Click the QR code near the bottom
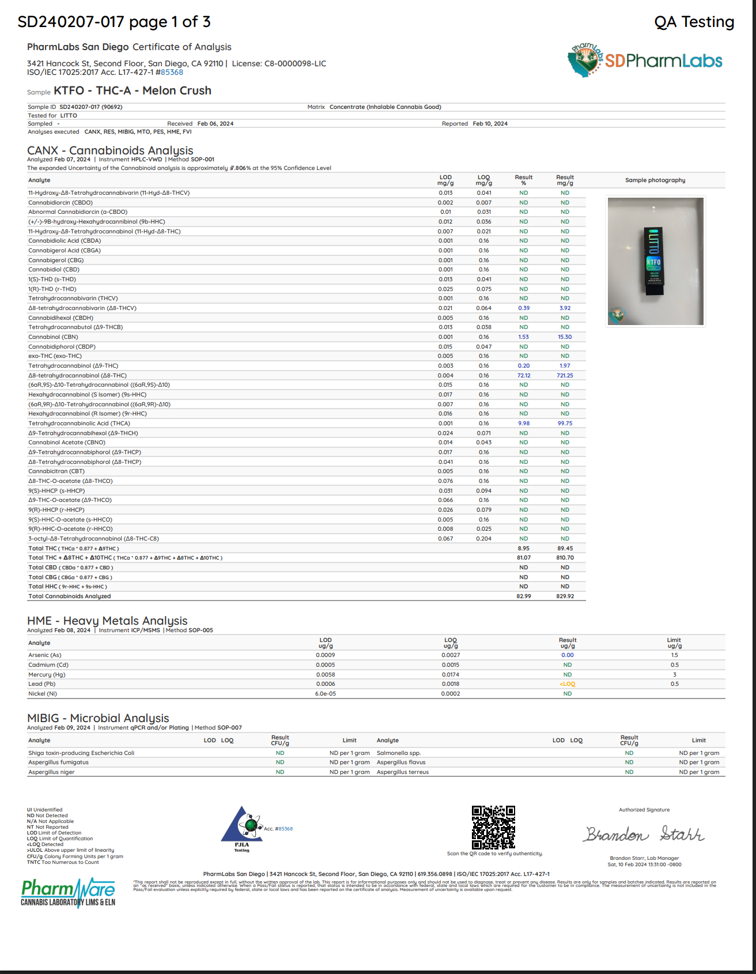point(493,827)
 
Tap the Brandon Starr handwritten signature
point(644,834)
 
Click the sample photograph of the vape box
point(655,261)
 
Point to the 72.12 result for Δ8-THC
point(524,375)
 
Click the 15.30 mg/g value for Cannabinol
point(565,337)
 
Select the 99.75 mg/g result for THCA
point(565,424)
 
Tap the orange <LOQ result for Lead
point(567,684)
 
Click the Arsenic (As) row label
point(45,655)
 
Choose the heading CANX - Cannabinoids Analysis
point(110,150)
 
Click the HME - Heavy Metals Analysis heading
point(107,621)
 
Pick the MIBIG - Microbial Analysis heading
point(98,718)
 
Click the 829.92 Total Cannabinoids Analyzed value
point(565,597)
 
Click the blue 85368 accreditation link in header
point(172,73)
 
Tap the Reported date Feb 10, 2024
point(490,124)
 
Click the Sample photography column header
point(655,180)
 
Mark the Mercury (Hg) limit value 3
point(674,674)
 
